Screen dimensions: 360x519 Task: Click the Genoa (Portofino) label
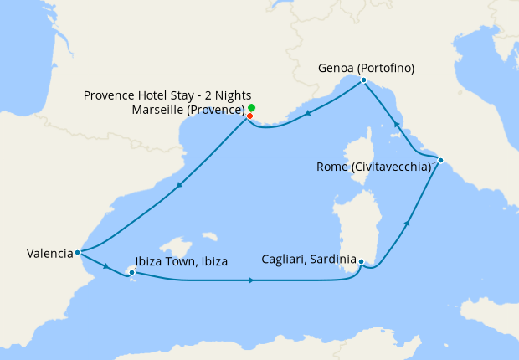point(367,68)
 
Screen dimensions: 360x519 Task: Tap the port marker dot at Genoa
point(363,80)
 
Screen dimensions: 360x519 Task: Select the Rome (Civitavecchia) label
point(373,167)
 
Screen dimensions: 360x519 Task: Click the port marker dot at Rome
point(440,160)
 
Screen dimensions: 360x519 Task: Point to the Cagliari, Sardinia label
point(309,259)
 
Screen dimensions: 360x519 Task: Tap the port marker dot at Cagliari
point(361,262)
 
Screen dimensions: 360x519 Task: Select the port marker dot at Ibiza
point(131,271)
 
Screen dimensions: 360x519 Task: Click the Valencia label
point(49,252)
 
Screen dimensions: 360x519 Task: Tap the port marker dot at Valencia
point(77,251)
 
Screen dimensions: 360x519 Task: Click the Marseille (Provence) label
point(188,110)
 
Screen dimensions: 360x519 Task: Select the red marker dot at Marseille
point(249,116)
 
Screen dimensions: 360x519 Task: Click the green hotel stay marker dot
point(251,108)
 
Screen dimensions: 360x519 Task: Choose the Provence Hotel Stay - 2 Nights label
point(167,95)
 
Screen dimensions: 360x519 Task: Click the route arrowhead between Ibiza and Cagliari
point(252,280)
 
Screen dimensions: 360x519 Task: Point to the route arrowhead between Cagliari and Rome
point(408,223)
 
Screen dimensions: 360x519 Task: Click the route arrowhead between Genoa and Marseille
point(308,114)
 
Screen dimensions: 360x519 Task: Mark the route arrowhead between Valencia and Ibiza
point(105,265)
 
